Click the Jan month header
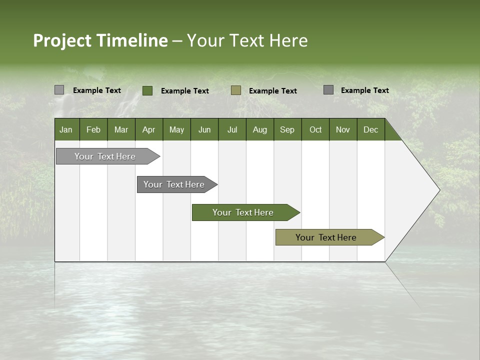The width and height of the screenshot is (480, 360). [x=66, y=129]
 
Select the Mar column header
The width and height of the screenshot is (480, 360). [x=121, y=129]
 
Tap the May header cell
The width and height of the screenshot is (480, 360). [x=176, y=129]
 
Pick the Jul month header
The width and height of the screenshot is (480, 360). [x=232, y=129]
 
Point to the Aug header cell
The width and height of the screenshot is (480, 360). [x=259, y=129]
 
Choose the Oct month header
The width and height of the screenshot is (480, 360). [x=315, y=129]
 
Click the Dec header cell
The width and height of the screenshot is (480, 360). [x=370, y=129]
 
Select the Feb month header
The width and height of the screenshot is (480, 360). [x=93, y=129]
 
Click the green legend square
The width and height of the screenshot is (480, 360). [x=147, y=90]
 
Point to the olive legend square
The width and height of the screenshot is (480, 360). [x=236, y=90]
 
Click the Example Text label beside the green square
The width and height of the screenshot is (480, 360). [x=184, y=91]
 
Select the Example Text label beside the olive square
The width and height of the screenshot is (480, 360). [x=272, y=91]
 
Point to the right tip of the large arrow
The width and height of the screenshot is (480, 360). [x=439, y=190]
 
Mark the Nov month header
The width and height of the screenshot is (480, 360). [x=342, y=129]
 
